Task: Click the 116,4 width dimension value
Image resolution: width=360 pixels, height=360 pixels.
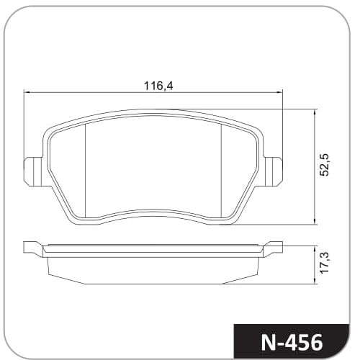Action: pyautogui.click(x=158, y=86)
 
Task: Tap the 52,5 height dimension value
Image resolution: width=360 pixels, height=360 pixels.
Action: pyautogui.click(x=325, y=164)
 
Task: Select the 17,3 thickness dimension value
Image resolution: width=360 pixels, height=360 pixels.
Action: pyautogui.click(x=325, y=263)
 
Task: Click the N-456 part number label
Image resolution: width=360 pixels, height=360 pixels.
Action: pyautogui.click(x=292, y=343)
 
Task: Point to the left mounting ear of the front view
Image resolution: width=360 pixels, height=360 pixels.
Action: pyautogui.click(x=33, y=171)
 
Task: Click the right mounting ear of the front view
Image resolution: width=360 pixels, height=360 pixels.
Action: pyautogui.click(x=274, y=171)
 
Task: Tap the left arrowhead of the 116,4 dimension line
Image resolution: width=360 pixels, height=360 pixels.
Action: pyautogui.click(x=27, y=92)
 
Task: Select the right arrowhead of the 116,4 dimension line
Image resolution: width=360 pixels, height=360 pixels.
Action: pyautogui.click(x=280, y=92)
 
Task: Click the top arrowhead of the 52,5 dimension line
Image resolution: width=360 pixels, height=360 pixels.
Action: pyautogui.click(x=315, y=112)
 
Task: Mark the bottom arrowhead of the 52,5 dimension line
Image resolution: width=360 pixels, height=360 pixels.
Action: pyautogui.click(x=315, y=222)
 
